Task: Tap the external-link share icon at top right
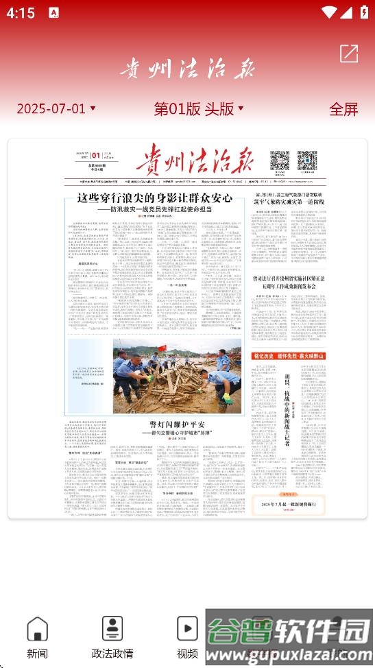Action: coord(348,53)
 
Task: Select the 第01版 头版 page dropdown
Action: coord(199,108)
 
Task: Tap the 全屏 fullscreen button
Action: coord(343,109)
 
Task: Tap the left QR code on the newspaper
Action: coord(278,160)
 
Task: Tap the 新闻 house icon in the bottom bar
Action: coord(37,628)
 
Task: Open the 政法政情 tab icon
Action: coord(112,628)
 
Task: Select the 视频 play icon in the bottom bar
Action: coord(187,628)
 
